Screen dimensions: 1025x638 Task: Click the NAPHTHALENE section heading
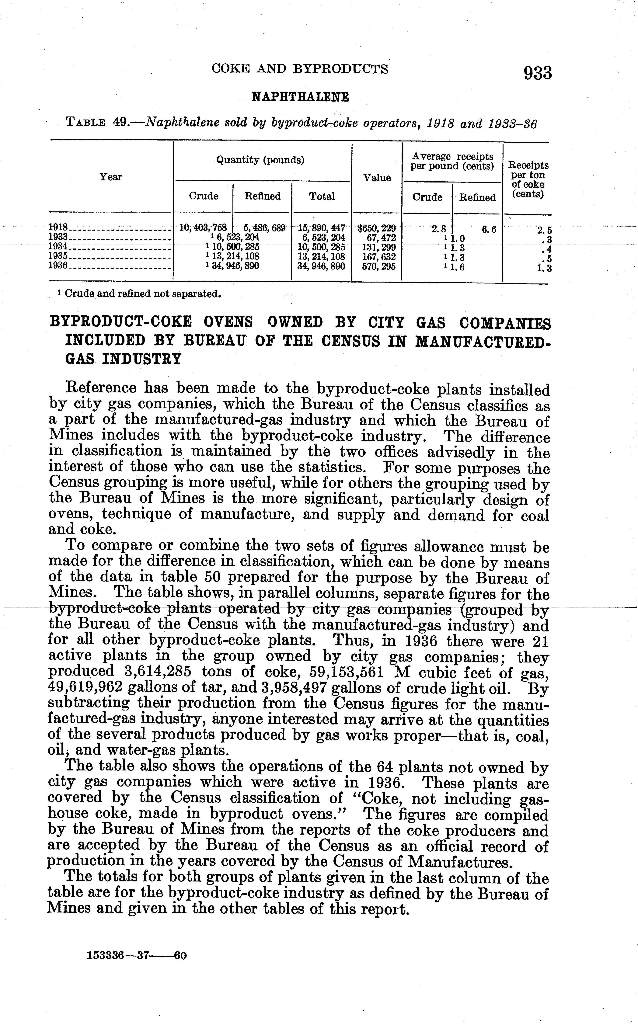pyautogui.click(x=300, y=97)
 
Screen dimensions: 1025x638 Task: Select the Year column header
pyautogui.click(x=110, y=177)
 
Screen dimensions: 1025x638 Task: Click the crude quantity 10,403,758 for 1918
pyautogui.click(x=203, y=228)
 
